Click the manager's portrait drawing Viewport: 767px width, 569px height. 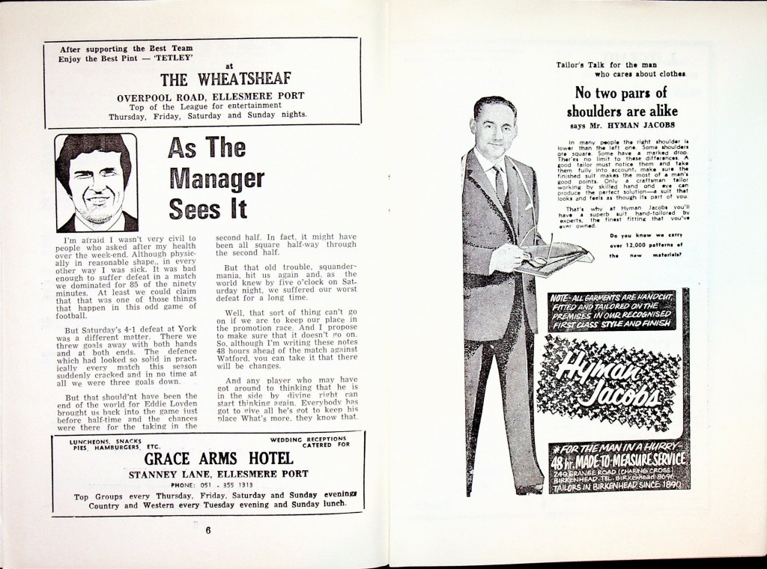97,183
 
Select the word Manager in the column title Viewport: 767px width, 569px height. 216,178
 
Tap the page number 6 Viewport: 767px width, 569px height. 209,532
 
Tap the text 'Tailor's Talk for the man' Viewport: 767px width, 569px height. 606,65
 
